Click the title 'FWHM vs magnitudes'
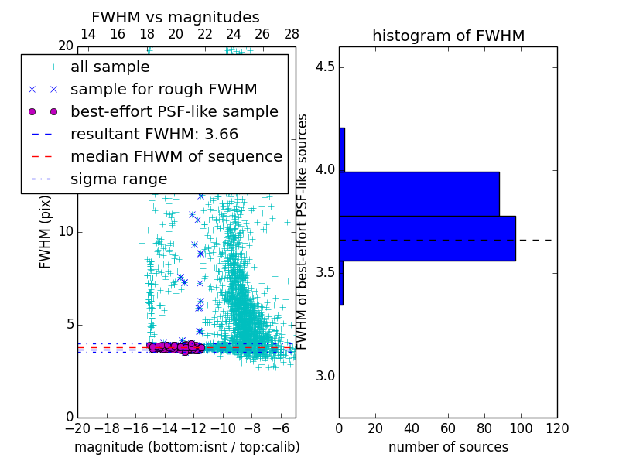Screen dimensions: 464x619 coord(176,17)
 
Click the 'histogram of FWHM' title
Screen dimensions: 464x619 coord(448,36)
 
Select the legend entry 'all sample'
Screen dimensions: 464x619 coord(110,67)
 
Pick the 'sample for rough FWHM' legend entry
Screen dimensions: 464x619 coord(163,90)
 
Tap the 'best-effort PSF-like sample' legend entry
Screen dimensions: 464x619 coord(174,112)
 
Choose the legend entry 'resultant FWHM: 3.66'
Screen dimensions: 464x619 coord(154,135)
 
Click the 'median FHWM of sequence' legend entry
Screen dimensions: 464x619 coord(176,157)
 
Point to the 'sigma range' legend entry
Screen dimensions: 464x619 coord(118,179)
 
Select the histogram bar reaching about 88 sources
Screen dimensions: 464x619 coord(419,193)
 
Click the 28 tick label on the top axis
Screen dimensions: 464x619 coord(292,34)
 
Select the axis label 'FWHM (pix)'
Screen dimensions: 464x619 coord(46,232)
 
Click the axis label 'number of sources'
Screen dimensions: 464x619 coord(448,447)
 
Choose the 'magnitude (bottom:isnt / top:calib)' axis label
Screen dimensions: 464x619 coord(186,447)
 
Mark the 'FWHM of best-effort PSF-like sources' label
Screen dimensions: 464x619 coord(303,232)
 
